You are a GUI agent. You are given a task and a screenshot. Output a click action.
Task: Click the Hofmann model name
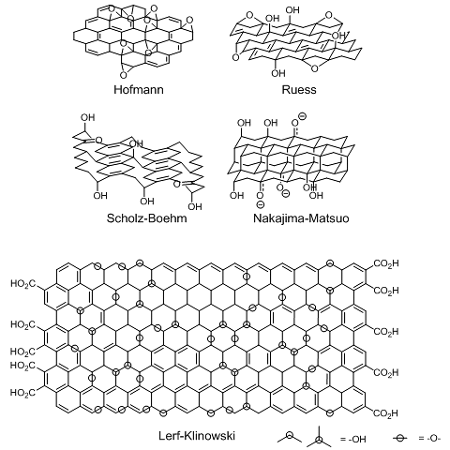pyautogui.click(x=139, y=90)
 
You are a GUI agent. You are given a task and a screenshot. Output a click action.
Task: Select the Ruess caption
pyautogui.click(x=299, y=90)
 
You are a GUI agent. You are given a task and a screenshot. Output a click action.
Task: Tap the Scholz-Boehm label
pyautogui.click(x=146, y=217)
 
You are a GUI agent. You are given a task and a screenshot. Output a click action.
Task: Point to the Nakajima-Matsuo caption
pyautogui.click(x=301, y=217)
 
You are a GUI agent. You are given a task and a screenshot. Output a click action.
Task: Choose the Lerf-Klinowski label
pyautogui.click(x=197, y=435)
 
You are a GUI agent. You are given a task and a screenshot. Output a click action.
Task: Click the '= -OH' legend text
pyautogui.click(x=352, y=439)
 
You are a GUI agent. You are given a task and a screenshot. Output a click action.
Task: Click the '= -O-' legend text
pyautogui.click(x=429, y=439)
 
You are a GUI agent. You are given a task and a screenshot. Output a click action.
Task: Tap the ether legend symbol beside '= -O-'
pyautogui.click(x=400, y=438)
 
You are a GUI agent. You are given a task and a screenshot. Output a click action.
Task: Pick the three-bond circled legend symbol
pyautogui.click(x=319, y=440)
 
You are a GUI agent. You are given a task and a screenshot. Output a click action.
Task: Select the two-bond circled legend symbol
pyautogui.click(x=290, y=435)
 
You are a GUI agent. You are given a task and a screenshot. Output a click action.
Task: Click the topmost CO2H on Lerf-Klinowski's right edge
pyautogui.click(x=386, y=263)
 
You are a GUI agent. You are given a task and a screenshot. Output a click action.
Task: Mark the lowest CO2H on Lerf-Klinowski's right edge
pyautogui.click(x=385, y=413)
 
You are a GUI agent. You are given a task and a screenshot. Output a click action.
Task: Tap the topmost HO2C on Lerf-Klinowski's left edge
pyautogui.click(x=23, y=284)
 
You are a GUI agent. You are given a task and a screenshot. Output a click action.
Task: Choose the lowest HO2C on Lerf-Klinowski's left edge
pyautogui.click(x=22, y=393)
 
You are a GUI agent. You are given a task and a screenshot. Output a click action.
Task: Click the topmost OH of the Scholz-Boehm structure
pyautogui.click(x=87, y=117)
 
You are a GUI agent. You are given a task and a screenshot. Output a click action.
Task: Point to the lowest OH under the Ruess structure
pyautogui.click(x=278, y=73)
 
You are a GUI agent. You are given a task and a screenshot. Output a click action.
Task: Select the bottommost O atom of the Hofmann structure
pyautogui.click(x=124, y=75)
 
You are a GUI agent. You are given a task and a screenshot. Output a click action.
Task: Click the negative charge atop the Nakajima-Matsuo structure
pyautogui.click(x=302, y=116)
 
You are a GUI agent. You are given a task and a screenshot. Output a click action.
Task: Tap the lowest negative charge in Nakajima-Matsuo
pyautogui.click(x=261, y=204)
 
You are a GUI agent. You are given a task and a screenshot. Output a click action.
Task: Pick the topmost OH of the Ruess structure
pyautogui.click(x=292, y=10)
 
